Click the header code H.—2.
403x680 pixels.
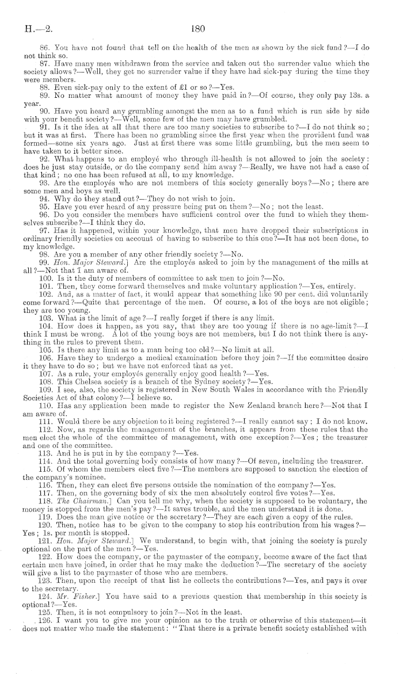36,26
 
